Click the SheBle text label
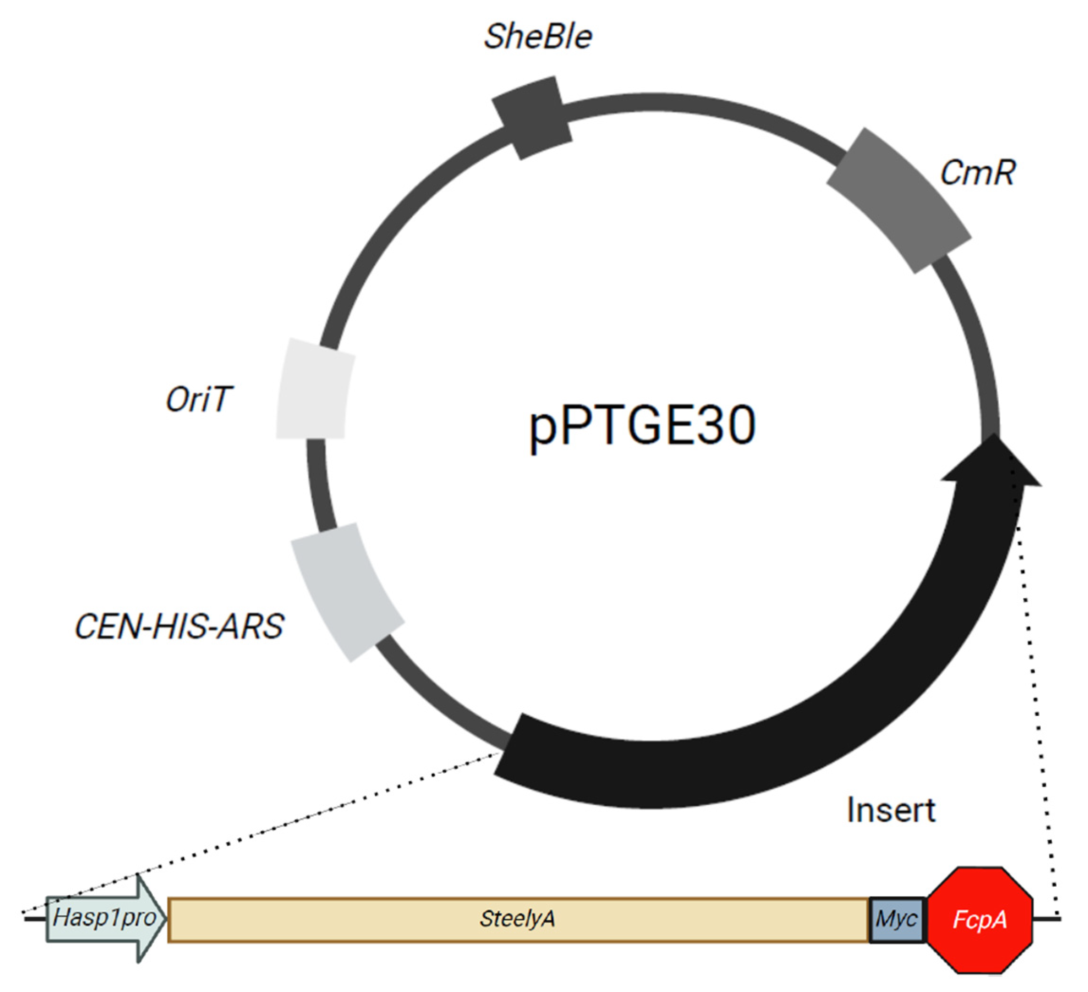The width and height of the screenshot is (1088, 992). pyautogui.click(x=538, y=37)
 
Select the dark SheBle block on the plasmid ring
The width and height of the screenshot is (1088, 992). pyautogui.click(x=532, y=117)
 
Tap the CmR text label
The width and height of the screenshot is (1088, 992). pyautogui.click(x=977, y=173)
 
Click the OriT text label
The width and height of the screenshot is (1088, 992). pyautogui.click(x=199, y=400)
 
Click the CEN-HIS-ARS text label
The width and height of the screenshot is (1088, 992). pyautogui.click(x=179, y=627)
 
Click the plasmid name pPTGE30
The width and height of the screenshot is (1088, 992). pyautogui.click(x=642, y=425)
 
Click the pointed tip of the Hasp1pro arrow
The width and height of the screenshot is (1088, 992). pyautogui.click(x=164, y=918)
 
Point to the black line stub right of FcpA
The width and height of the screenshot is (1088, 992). pyautogui.click(x=1047, y=918)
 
